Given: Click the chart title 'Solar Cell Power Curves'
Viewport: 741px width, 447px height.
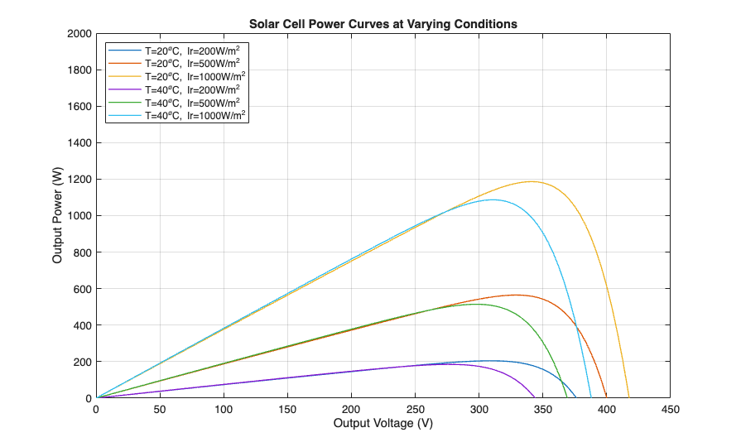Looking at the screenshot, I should pyautogui.click(x=383, y=24).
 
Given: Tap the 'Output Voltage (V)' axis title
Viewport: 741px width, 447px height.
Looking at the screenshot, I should pyautogui.click(x=383, y=424).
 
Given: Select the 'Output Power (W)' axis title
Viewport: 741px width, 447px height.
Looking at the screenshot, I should pyautogui.click(x=57, y=215).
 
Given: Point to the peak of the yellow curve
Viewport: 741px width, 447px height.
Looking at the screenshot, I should pyautogui.click(x=532, y=181).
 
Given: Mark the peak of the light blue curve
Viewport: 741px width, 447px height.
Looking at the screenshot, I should pyautogui.click(x=493, y=199).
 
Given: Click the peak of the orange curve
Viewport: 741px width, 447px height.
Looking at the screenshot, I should pyautogui.click(x=516, y=295).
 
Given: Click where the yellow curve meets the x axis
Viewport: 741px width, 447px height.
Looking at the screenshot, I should pyautogui.click(x=629, y=398).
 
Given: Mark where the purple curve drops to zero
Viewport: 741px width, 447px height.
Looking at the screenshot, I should pyautogui.click(x=535, y=398).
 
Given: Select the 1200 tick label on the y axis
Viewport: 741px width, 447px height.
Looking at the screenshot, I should pyautogui.click(x=79, y=180).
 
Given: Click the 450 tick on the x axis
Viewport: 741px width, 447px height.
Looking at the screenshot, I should pyautogui.click(x=671, y=398).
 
